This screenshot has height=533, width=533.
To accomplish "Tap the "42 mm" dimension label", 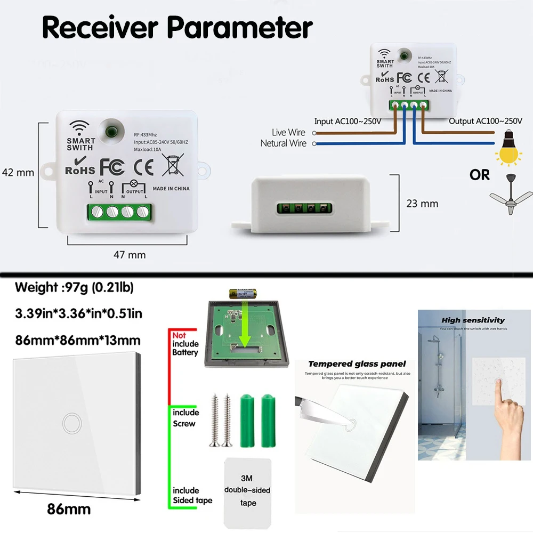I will (18, 172).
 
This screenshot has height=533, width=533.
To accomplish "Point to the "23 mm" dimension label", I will (422, 203).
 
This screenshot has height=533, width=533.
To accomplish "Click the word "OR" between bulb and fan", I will (479, 175).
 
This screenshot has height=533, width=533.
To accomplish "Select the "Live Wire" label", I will (288, 132).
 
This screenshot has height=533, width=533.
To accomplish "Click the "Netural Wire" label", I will (283, 143).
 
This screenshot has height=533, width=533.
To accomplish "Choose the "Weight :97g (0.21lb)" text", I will (74, 288).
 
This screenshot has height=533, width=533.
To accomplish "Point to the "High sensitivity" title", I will (473, 320).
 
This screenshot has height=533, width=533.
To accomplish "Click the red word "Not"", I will (179, 335).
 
